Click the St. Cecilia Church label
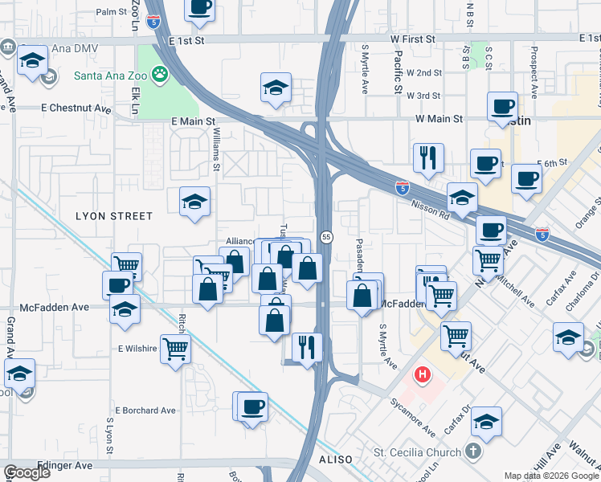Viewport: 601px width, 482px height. (x=419, y=452)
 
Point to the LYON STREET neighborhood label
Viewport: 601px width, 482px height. (x=113, y=216)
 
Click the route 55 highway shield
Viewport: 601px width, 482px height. (x=326, y=237)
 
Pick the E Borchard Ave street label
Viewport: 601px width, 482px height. (x=145, y=411)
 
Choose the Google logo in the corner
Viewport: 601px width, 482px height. (x=27, y=472)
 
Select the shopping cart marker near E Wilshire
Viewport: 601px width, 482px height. (x=175, y=349)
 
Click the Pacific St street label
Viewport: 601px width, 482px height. (x=399, y=71)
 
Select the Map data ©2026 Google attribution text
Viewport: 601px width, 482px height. (x=550, y=476)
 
